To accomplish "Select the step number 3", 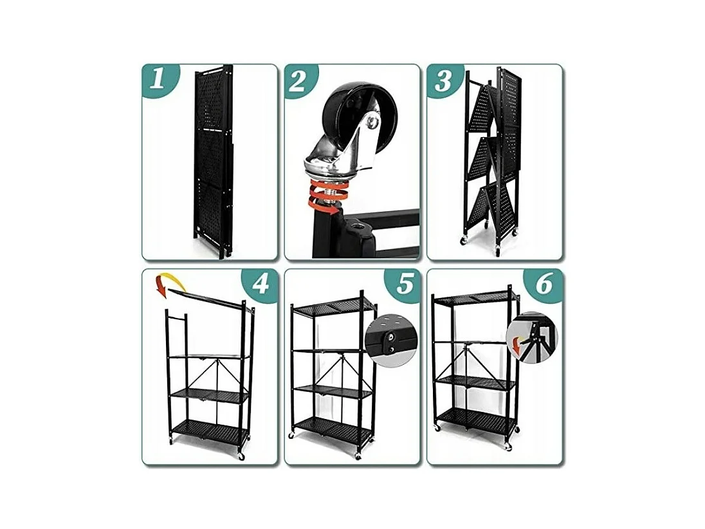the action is [443, 82].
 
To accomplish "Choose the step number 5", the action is [404, 284].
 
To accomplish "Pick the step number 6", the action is [544, 284].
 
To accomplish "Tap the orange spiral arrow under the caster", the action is [327, 196].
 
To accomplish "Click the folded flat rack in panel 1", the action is [213, 162].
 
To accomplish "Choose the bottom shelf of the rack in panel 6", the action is [476, 422].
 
